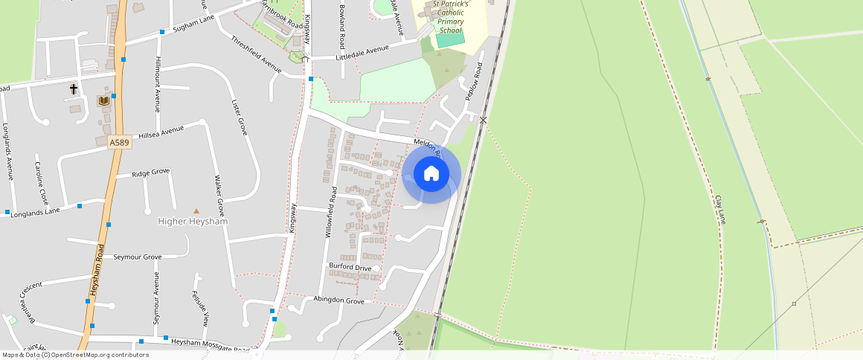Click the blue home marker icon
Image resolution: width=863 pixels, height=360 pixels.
pyautogui.click(x=431, y=174)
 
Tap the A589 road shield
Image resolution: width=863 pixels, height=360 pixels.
pyautogui.click(x=114, y=141)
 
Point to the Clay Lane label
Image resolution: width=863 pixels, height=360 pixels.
pyautogui.click(x=719, y=210)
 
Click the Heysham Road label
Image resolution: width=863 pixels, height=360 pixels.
pyautogui.click(x=98, y=271)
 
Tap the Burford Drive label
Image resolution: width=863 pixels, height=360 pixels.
pyautogui.click(x=350, y=267)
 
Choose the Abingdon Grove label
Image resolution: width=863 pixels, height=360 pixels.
pyautogui.click(x=339, y=301)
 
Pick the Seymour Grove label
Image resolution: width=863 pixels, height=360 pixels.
pyautogui.click(x=137, y=257)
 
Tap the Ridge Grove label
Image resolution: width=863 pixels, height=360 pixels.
pyautogui.click(x=150, y=173)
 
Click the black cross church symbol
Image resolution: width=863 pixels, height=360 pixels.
pyautogui.click(x=74, y=89)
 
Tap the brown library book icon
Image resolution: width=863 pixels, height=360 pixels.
pyautogui.click(x=104, y=100)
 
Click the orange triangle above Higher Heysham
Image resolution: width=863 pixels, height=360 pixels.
pyautogui.click(x=196, y=212)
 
